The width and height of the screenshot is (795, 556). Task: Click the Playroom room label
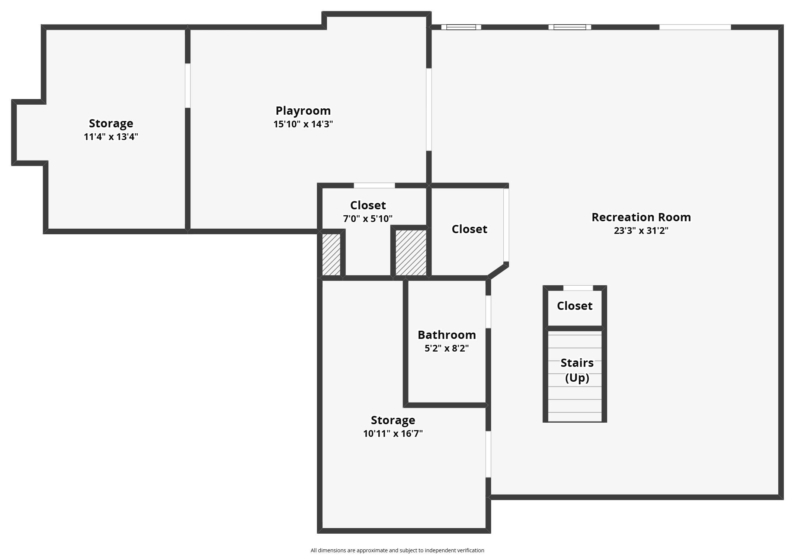coord(303,111)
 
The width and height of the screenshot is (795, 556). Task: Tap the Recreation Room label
coord(641,217)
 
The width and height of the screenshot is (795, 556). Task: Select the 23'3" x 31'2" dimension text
coord(641,231)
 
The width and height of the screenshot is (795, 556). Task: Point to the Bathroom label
coord(447,335)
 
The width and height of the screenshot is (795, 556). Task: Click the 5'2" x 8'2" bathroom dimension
coord(447,349)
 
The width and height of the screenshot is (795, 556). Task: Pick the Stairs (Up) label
coord(577,370)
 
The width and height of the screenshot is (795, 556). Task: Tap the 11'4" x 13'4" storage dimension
coord(111,137)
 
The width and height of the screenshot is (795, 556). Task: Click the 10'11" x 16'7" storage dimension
coord(393,434)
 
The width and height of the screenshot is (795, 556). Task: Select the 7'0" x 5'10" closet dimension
coord(368,219)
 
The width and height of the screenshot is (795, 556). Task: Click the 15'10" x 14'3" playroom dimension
coord(303,124)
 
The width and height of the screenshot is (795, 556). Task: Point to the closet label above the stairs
coord(574,306)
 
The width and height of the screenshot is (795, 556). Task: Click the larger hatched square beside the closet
coord(411,252)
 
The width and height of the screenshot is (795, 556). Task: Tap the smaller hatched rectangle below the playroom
coord(331,255)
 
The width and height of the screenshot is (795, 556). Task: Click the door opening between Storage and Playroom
coord(188,86)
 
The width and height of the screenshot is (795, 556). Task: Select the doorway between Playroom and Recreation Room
coord(429,109)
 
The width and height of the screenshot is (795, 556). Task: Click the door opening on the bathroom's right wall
coord(488,312)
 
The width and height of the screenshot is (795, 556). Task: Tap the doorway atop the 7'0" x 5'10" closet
coord(374,185)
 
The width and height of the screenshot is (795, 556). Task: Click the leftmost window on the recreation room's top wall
coord(461,27)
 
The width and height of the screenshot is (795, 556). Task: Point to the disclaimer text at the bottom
coord(397,550)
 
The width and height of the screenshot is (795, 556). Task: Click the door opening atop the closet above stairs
coord(578,288)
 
